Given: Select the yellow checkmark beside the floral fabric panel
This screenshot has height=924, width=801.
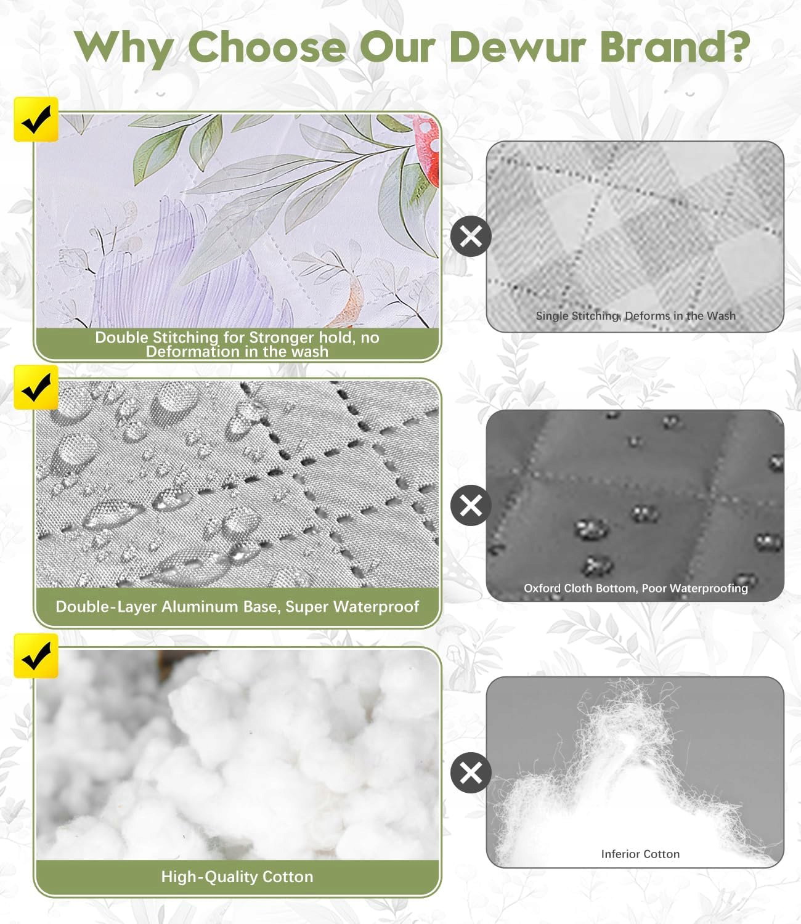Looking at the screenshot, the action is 36,120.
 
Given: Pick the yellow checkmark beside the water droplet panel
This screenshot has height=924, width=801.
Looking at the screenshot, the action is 36,387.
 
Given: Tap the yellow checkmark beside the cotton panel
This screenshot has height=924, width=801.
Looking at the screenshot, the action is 36,656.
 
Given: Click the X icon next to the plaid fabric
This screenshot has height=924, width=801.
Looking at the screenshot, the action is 471,236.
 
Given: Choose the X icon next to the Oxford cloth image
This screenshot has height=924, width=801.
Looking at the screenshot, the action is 471,506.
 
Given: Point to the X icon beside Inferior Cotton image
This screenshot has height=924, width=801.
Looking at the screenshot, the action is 471,773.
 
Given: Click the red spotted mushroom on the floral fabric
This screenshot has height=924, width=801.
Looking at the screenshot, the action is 425,147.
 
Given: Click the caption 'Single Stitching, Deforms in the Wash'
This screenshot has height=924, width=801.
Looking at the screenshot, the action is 635,315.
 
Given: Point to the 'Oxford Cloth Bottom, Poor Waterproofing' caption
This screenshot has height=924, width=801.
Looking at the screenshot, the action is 635,588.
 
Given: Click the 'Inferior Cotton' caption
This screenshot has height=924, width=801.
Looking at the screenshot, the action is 640,854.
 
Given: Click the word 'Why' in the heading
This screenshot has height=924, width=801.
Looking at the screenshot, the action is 124,48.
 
